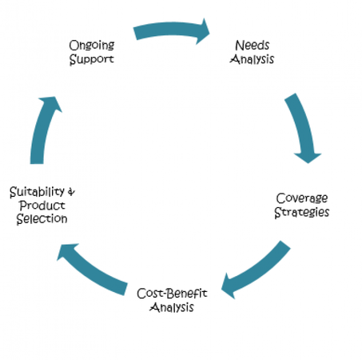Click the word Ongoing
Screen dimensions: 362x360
point(92,45)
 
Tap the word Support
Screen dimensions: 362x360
point(92,59)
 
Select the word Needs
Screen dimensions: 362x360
point(253,45)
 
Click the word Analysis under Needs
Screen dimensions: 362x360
point(252,59)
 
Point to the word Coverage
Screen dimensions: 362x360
point(302,198)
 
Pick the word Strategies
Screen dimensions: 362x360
point(302,212)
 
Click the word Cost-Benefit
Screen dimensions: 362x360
point(172,294)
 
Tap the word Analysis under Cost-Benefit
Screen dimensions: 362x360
point(172,307)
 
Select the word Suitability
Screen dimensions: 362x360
point(37,192)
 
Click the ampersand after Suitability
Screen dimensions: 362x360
point(71,192)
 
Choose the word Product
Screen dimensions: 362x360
point(42,206)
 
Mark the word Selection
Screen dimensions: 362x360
point(42,219)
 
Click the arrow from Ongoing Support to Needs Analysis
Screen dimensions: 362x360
point(170,29)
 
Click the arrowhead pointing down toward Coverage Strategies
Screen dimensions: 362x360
point(308,158)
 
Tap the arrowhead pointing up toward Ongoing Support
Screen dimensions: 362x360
point(50,102)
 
